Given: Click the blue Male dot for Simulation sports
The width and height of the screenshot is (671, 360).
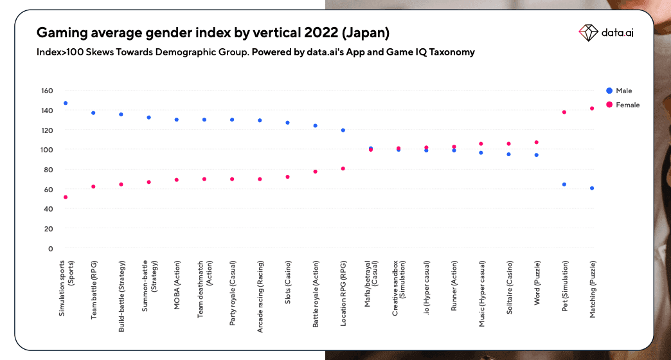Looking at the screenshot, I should [66, 103].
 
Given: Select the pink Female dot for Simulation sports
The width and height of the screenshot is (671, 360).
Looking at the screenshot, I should [66, 197].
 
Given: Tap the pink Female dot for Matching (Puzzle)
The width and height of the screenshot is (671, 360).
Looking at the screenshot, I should [592, 109].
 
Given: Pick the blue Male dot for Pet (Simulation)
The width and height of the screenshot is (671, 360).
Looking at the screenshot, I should [564, 184].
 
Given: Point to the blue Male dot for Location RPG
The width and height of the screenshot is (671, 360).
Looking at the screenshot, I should [343, 130].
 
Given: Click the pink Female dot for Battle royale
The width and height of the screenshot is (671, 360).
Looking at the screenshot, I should [315, 172].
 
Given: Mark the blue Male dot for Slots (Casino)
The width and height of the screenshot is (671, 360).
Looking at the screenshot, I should [287, 123].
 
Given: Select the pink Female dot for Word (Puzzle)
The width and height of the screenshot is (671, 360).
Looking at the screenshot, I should [537, 142].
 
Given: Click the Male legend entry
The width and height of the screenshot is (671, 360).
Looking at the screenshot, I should [620, 91].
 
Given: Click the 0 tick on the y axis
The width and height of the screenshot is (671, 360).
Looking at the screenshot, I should [50, 248].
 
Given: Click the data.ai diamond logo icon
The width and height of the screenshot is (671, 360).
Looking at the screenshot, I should [588, 32].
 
